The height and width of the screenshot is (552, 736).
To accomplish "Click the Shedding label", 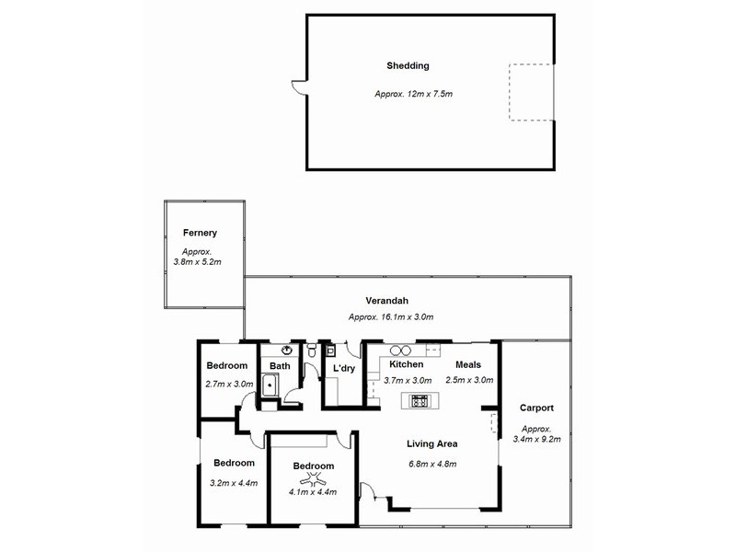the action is coord(408,65).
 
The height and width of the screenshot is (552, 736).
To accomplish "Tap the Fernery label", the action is coord(200,233).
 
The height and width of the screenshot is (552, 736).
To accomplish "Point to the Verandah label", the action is coord(386,301).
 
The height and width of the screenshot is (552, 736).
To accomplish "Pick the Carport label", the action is coord(536,408).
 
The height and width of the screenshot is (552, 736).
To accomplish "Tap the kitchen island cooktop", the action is coord(420,401).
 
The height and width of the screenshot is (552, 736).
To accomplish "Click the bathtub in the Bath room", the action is coord(270,385).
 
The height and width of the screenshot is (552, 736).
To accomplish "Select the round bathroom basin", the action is coord(287,350).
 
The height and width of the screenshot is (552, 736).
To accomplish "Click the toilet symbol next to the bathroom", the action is coord(312,350).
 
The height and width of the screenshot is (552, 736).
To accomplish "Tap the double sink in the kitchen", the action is coord(400,351).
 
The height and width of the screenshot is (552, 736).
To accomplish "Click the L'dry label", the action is coord(344,369).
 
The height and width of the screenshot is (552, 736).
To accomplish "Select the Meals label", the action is coord(468,364).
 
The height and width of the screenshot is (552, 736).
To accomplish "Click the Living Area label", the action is coord(431,443).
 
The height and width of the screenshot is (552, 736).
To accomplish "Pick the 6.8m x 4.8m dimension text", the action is coord(432,465).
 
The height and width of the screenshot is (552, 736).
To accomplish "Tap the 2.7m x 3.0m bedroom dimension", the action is coord(229,384).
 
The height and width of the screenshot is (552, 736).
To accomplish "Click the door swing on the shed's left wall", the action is coord(299,87).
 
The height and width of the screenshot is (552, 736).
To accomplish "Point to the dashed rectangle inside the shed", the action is coord(532,93).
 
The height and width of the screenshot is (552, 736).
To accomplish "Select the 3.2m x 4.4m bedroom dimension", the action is coord(234,483).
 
